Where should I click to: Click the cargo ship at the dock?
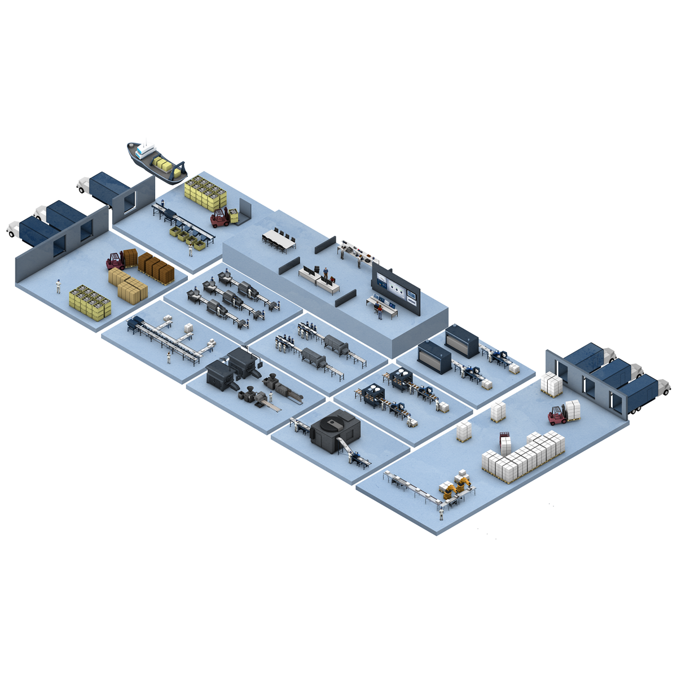click(157, 162)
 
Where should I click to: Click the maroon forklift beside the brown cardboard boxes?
click(116, 261)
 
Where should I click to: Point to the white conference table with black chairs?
click(279, 239)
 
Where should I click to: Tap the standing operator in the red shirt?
click(380, 311)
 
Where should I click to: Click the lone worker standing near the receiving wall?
click(58, 286)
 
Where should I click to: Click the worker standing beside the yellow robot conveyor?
click(442, 512)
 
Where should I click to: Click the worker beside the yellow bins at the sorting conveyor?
click(191, 248)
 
